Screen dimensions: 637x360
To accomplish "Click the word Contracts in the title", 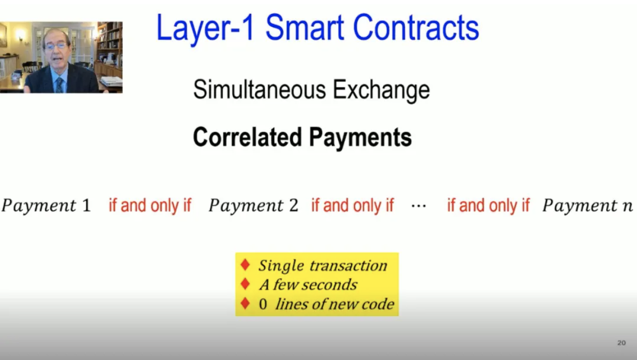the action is point(416,28).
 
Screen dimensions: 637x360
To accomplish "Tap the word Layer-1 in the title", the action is point(205,28).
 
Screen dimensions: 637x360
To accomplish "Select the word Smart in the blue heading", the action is point(304,28).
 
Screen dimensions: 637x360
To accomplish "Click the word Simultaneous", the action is point(259,89).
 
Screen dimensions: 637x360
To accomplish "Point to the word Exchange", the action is point(381,90).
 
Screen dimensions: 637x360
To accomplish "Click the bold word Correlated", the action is point(247,137).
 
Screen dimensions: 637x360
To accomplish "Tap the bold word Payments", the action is point(360,138).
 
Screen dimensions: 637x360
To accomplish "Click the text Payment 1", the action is point(46,205).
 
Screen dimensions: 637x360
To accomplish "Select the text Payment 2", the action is point(253,205).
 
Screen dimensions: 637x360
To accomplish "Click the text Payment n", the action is point(587,205).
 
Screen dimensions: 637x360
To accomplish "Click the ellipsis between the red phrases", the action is point(419,207).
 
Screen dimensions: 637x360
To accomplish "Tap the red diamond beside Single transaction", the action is point(245,265).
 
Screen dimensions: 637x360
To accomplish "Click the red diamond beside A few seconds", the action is point(245,284).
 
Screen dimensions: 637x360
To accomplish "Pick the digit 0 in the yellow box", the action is point(263,304).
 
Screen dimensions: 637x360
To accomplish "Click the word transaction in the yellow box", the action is point(348,265).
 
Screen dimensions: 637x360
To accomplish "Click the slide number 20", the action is point(622,343).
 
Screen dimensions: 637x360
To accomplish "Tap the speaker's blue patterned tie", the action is point(59,85).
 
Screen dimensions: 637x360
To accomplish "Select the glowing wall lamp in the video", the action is point(21,37).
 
